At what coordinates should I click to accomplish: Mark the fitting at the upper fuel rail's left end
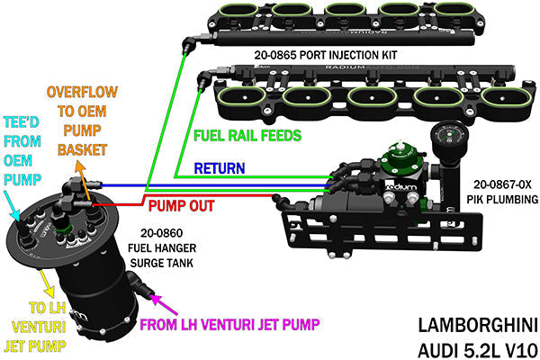click(x=186, y=41)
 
